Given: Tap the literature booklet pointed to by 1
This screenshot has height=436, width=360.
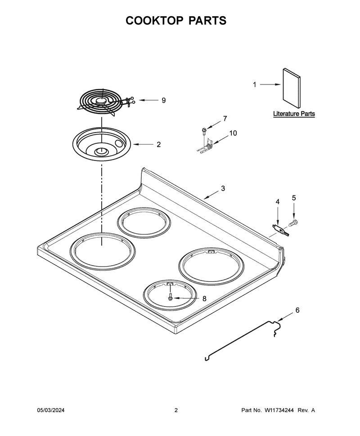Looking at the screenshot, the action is [x=292, y=89].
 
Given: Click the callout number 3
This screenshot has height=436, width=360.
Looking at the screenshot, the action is [x=223, y=188].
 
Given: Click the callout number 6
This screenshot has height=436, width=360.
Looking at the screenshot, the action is [x=297, y=310].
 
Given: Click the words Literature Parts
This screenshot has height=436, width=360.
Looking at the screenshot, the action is [x=294, y=114].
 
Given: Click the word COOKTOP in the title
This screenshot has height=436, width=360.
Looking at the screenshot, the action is [x=154, y=21].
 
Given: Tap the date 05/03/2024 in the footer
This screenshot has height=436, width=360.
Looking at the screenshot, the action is [x=51, y=410].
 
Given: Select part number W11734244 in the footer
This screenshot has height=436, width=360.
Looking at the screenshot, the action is [x=279, y=410].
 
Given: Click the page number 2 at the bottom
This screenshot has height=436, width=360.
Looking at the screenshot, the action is [x=176, y=410].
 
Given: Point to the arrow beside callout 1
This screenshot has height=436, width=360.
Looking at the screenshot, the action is [x=270, y=84].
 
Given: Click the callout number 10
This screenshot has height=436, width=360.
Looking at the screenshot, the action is [x=233, y=133].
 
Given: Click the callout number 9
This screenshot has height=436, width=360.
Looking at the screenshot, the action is [x=164, y=100].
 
